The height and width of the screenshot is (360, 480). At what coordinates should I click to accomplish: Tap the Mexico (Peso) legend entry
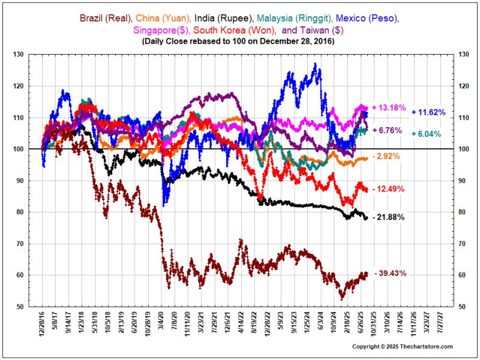[x=368, y=18]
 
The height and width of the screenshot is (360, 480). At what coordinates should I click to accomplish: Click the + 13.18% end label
[x=389, y=108]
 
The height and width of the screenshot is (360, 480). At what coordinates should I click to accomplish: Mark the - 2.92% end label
[x=386, y=156]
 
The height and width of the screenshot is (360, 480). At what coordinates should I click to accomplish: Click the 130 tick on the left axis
[x=19, y=55]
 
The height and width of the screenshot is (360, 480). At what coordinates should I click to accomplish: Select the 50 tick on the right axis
[x=463, y=307]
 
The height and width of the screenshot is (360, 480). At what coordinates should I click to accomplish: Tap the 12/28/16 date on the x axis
[x=42, y=323]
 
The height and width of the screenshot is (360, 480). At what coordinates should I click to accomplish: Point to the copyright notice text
[x=402, y=347]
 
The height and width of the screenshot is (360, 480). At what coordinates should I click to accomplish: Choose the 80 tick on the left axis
[x=20, y=212]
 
